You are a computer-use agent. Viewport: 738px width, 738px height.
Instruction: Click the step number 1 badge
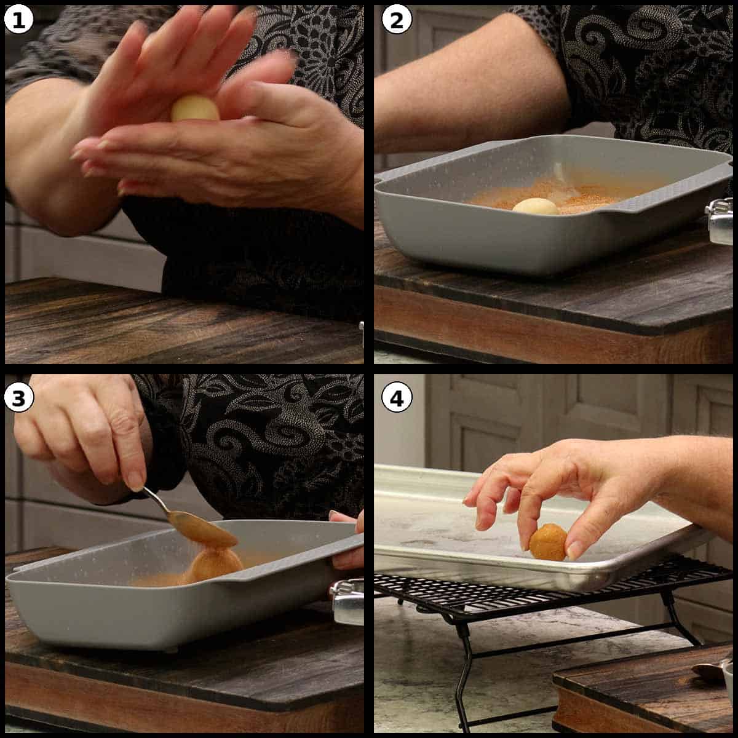(x=18, y=20)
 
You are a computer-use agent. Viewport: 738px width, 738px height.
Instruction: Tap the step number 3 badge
(x=18, y=399)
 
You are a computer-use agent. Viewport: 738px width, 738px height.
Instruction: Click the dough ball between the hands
(x=195, y=109)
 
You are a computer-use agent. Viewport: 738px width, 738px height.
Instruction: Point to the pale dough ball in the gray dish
(x=536, y=207)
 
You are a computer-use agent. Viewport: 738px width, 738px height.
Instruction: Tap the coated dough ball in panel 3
(x=215, y=564)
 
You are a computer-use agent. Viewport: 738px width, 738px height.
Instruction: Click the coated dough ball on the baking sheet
(x=548, y=542)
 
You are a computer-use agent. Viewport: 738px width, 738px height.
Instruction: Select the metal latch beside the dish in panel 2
(x=720, y=221)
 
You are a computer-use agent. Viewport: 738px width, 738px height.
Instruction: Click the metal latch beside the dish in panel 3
(x=347, y=601)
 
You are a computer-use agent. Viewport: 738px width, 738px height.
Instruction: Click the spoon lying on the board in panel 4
(x=710, y=670)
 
